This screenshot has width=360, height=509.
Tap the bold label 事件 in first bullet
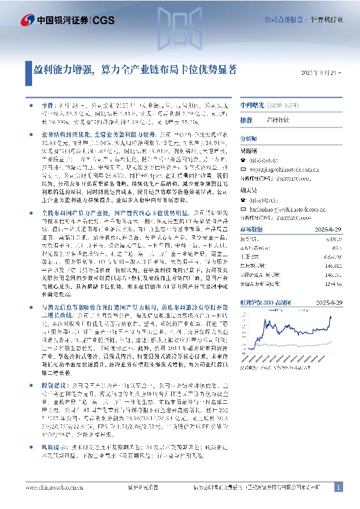(x=47, y=104)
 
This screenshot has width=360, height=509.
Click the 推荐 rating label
(x=247, y=120)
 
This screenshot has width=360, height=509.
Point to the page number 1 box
(x=339, y=487)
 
